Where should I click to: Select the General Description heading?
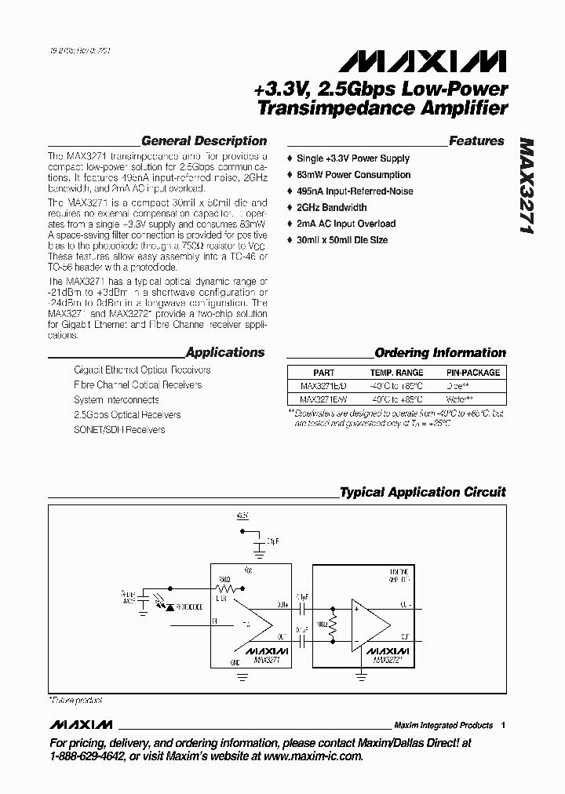(204, 141)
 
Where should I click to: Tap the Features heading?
(476, 141)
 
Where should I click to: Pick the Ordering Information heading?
(440, 353)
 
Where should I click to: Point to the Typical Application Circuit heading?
(422, 493)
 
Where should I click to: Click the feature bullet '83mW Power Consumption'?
(353, 175)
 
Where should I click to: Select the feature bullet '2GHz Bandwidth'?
(331, 208)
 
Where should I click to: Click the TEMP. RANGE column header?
(396, 373)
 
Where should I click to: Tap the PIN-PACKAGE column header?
(472, 373)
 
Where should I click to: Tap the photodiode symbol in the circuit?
(171, 606)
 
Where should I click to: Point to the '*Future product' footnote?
(77, 700)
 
